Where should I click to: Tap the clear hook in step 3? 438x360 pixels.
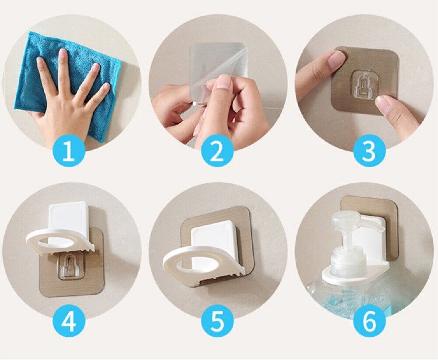pyautogui.click(x=363, y=83)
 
